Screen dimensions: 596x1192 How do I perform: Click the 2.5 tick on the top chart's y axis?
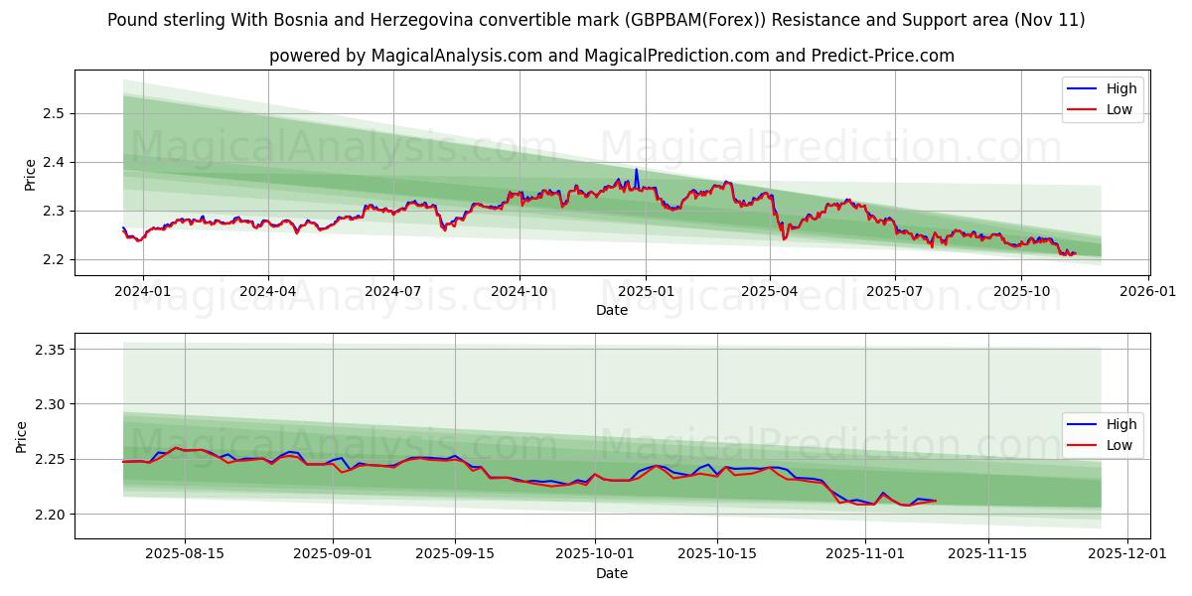pyautogui.click(x=52, y=113)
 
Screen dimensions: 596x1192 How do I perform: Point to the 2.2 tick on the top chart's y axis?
pyautogui.click(x=52, y=259)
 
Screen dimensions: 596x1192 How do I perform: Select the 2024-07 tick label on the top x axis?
pyautogui.click(x=393, y=292)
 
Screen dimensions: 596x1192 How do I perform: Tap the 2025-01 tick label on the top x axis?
pyautogui.click(x=646, y=292)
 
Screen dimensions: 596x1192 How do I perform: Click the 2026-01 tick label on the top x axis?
pyautogui.click(x=1148, y=292)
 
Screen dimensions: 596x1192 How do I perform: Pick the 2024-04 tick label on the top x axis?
pyautogui.click(x=268, y=292)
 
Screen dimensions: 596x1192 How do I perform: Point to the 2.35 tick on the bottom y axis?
pyautogui.click(x=48, y=350)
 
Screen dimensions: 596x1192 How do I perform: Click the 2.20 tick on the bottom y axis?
pyautogui.click(x=48, y=514)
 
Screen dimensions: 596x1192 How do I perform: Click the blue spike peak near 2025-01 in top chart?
pyautogui.click(x=637, y=169)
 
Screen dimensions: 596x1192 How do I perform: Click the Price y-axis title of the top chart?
pyautogui.click(x=30, y=174)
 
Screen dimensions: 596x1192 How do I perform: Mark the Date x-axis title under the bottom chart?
pyautogui.click(x=612, y=573)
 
